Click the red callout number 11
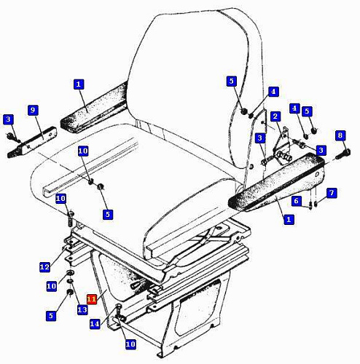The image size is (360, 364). tap(92, 299)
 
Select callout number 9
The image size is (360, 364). tap(33, 110)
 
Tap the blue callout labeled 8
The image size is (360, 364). tap(340, 135)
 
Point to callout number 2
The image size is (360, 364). tap(275, 116)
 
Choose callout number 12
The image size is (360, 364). tap(44, 267)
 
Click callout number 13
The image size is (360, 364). tap(82, 310)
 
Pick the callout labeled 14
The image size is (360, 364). tap(95, 324)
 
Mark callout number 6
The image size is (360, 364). tap(296, 201)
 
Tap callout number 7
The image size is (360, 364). tap(332, 193)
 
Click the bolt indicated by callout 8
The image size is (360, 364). tap(343, 154)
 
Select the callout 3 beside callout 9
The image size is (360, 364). tap(8, 119)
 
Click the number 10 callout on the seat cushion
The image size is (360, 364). tap(83, 151)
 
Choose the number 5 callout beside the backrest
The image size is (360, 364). tap(232, 81)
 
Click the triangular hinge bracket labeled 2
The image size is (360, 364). tap(282, 143)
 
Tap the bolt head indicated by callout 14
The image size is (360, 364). tap(119, 306)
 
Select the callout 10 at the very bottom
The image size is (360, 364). tap(130, 344)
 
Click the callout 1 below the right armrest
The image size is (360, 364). tap(289, 220)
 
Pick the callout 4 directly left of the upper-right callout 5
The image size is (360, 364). tap(294, 108)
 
